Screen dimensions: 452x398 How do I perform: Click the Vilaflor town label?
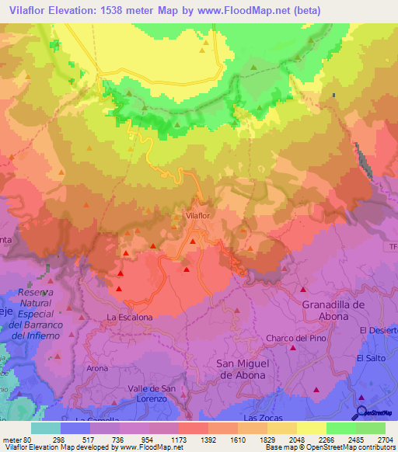coord(199,214)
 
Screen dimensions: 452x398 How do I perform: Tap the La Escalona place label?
coord(129,318)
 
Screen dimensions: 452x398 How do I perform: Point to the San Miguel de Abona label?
coord(240,369)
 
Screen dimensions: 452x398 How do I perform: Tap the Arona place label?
coord(96,368)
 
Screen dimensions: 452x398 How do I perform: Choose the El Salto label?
coord(371,358)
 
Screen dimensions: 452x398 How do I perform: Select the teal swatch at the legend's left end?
coord(46,428)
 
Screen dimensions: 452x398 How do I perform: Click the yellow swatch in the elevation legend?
coord(311,428)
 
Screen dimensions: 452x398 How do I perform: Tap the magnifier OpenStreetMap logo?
coord(361,414)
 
